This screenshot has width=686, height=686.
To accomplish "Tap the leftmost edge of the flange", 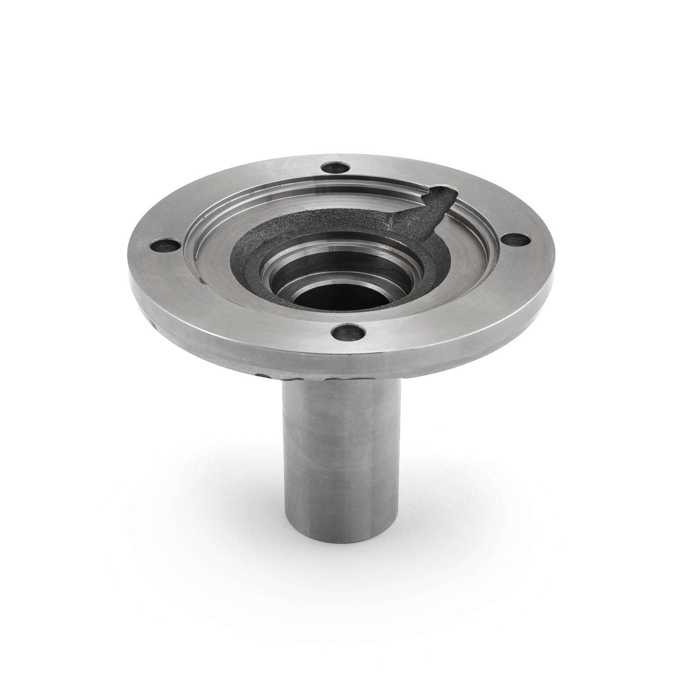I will (129, 274).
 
